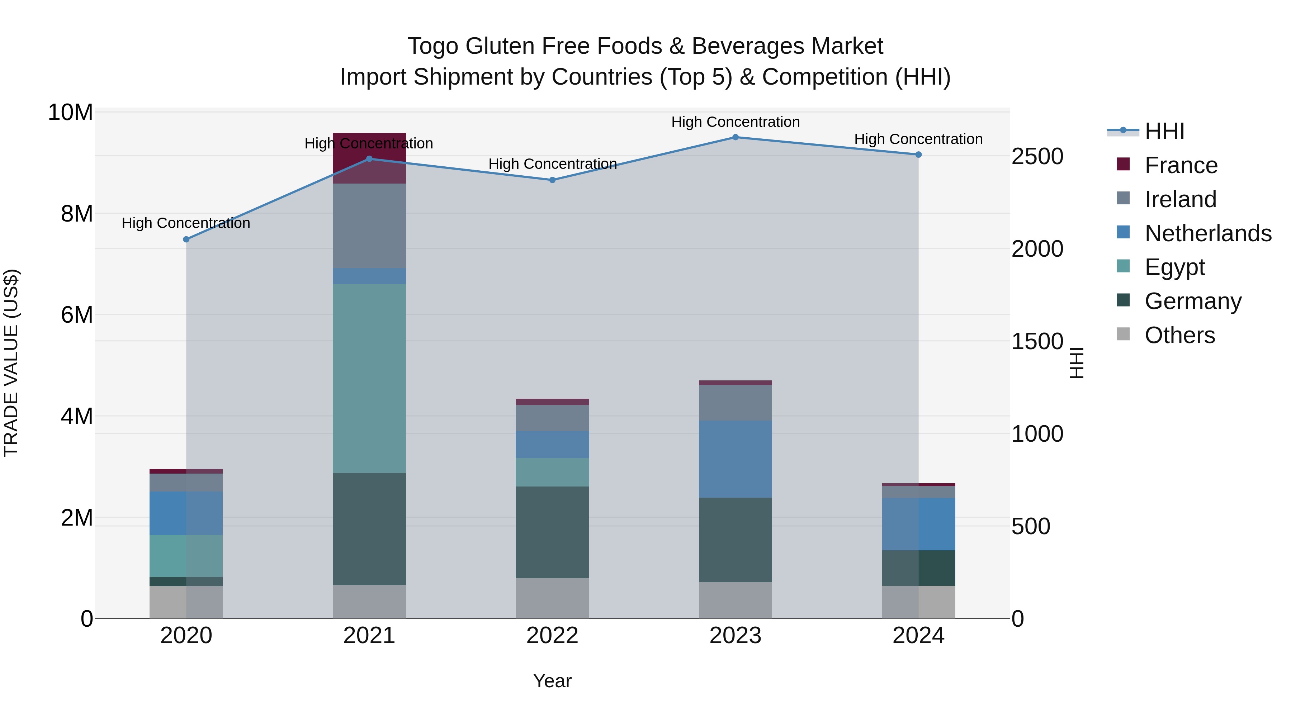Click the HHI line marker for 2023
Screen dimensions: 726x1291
735,137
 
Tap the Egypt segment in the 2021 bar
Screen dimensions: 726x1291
369,378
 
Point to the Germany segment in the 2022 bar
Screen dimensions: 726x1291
552,532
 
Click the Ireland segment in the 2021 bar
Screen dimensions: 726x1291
369,226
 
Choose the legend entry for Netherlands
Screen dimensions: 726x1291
1208,233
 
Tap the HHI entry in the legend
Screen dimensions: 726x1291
1164,131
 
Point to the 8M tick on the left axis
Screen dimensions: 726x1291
77,214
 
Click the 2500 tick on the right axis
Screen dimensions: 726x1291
1037,156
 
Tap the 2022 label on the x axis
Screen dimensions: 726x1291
552,636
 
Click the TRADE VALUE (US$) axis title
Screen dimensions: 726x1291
11,363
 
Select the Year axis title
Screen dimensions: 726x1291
552,681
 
